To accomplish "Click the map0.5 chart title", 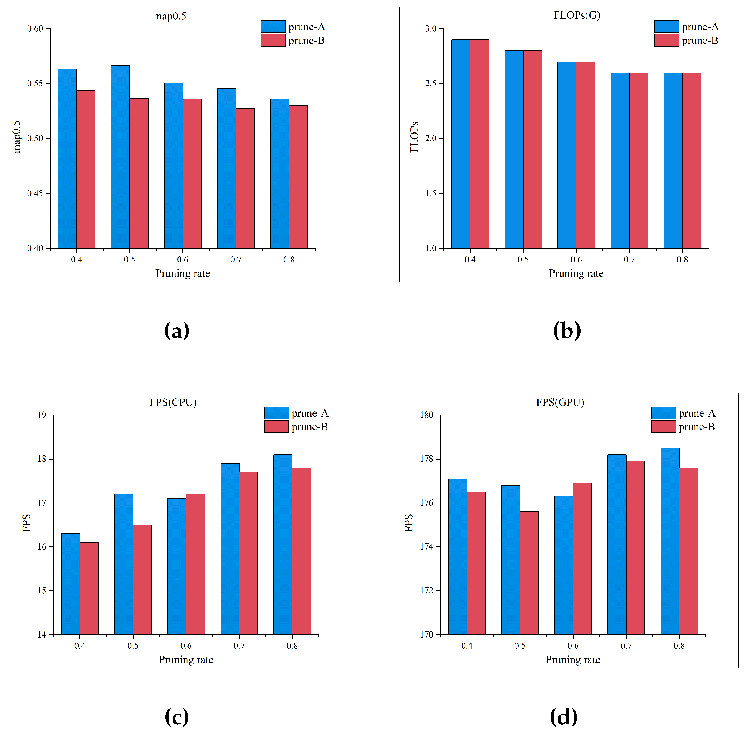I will pyautogui.click(x=170, y=16).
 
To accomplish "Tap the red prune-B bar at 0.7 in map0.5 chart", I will pyautogui.click(x=245, y=178).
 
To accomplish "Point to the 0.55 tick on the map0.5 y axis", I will pyautogui.click(x=35, y=84).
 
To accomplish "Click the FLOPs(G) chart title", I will pyautogui.click(x=577, y=15).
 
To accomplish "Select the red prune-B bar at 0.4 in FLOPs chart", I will pyautogui.click(x=480, y=144).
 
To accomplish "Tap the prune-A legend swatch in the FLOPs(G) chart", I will pyautogui.click(x=667, y=27).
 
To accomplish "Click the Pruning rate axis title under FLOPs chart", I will pyautogui.click(x=576, y=273).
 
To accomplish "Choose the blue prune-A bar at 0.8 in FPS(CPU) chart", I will pyautogui.click(x=283, y=545).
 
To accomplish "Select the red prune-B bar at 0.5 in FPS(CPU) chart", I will pyautogui.click(x=142, y=580).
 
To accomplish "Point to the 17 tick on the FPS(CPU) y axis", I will pyautogui.click(x=42, y=503).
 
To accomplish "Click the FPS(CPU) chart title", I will pyautogui.click(x=173, y=402).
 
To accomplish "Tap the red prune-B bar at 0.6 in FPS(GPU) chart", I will pyautogui.click(x=583, y=559).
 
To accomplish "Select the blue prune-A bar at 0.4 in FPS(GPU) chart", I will pyautogui.click(x=458, y=557).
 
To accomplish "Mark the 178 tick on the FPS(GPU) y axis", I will pyautogui.click(x=427, y=459).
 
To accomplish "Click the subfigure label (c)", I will pyautogui.click(x=177, y=716).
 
